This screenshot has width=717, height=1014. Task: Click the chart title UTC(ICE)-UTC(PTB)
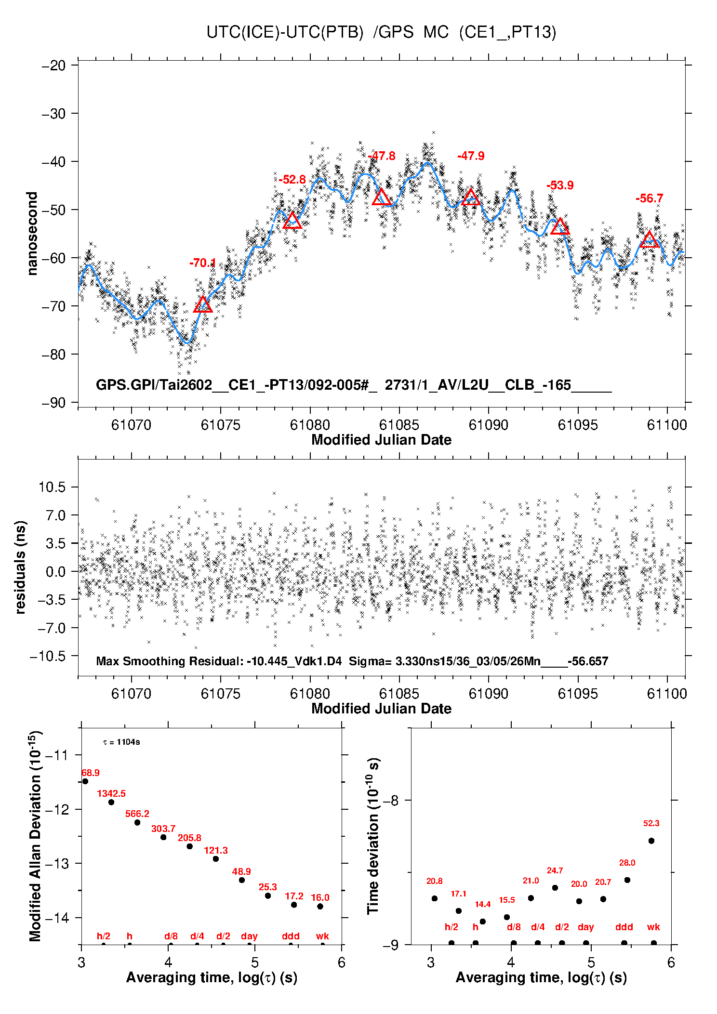(285, 32)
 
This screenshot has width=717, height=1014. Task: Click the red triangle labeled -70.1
(203, 305)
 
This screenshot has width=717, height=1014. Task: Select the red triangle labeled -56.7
(649, 240)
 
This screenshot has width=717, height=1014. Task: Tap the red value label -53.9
(560, 185)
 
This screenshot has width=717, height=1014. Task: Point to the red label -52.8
(292, 180)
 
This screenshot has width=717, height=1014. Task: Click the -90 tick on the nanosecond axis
(53, 403)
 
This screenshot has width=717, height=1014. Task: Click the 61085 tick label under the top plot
(399, 425)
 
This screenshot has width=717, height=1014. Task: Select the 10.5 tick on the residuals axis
(52, 487)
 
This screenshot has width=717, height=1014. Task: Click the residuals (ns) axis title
(20, 567)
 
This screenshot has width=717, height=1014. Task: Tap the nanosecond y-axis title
(32, 234)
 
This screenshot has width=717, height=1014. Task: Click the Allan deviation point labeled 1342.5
(111, 802)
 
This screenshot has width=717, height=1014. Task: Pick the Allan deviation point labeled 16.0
(320, 906)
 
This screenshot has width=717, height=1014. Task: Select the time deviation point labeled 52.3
(651, 841)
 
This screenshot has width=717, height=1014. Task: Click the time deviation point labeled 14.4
(483, 922)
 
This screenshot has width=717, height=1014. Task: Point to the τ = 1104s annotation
(121, 742)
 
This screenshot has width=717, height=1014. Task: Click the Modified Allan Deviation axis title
(35, 836)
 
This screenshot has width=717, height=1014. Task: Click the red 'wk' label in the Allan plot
(322, 936)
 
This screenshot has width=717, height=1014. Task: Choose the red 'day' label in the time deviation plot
(585, 927)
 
